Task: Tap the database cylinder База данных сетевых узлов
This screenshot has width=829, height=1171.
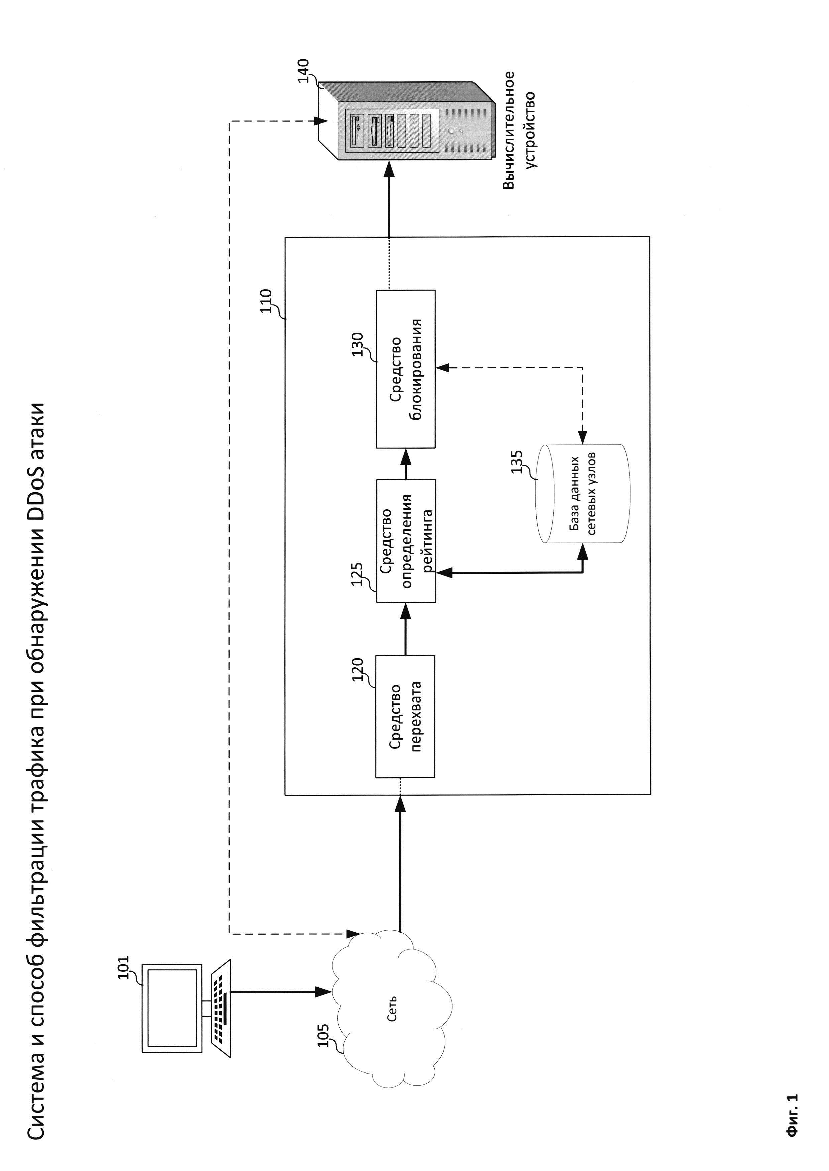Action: coord(582,494)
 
